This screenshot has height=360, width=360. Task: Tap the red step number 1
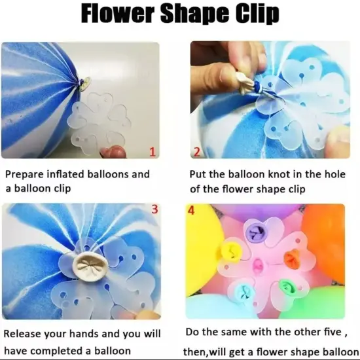tap(153, 153)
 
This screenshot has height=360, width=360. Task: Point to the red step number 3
tap(154, 209)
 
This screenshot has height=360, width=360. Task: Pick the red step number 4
tap(191, 211)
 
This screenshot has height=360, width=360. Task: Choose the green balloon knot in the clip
tap(287, 286)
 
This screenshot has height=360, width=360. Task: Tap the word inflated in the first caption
tap(72, 175)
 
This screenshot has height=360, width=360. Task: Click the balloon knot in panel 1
tap(84, 82)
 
